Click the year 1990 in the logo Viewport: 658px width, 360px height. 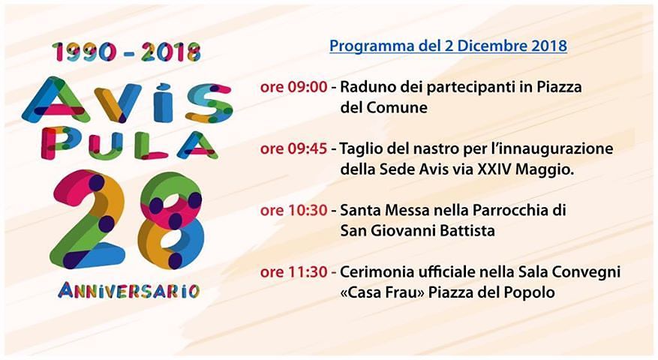83,52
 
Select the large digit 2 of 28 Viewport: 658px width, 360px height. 89,218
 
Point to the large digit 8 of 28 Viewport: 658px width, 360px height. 170,219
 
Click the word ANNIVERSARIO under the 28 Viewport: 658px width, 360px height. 128,289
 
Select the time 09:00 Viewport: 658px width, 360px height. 304,87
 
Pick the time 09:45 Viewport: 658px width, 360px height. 304,148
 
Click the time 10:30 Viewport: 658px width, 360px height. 304,210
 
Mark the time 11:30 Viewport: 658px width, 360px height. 304,271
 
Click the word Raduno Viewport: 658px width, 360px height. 365,87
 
